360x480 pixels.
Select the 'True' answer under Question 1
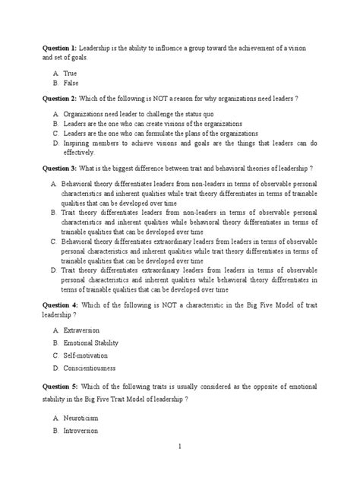[x=70, y=73]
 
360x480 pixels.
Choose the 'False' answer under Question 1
[x=71, y=83]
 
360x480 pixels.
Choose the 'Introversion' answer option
[x=83, y=431]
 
